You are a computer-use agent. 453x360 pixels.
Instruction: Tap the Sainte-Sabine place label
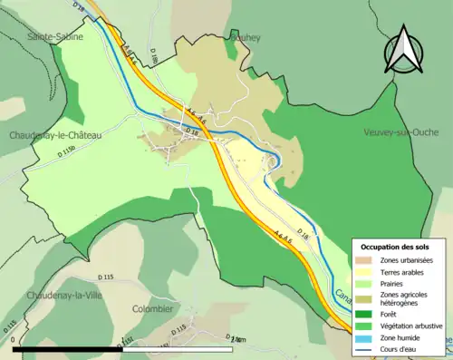pyautogui.click(x=56, y=37)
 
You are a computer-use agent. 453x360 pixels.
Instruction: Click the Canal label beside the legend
pyautogui.click(x=342, y=298)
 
